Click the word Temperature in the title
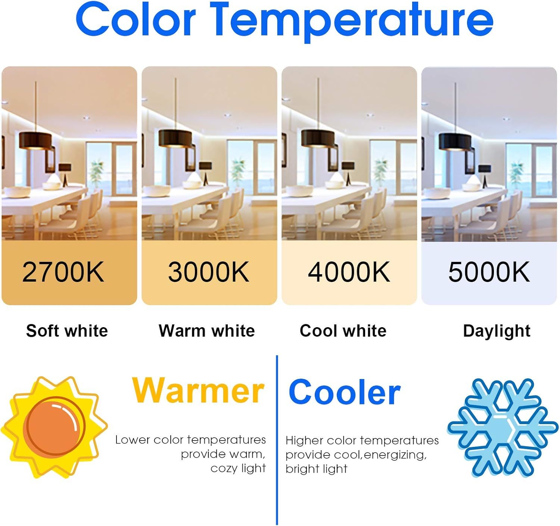351,22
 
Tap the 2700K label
63,272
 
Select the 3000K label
209,272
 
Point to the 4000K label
349,272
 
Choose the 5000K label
489,272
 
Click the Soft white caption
67,331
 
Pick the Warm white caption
207,331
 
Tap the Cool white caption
343,331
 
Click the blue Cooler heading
344,392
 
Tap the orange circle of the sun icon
56,427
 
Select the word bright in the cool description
302,469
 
